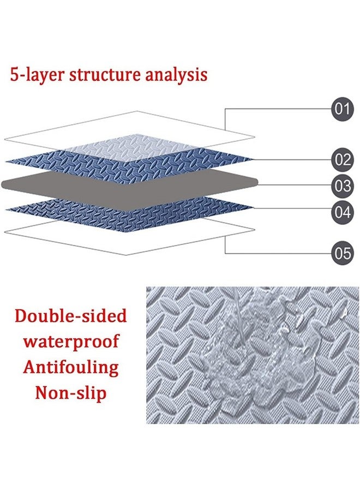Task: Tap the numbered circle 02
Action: pyautogui.click(x=342, y=160)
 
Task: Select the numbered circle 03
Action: pyautogui.click(x=342, y=186)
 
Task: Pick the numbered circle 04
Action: pyautogui.click(x=342, y=212)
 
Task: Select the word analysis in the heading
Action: pyautogui.click(x=175, y=74)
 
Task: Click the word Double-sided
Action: pyautogui.click(x=70, y=315)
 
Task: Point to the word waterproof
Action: pyautogui.click(x=70, y=342)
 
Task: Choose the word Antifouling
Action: pyautogui.click(x=70, y=367)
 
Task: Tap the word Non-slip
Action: pyautogui.click(x=70, y=392)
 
